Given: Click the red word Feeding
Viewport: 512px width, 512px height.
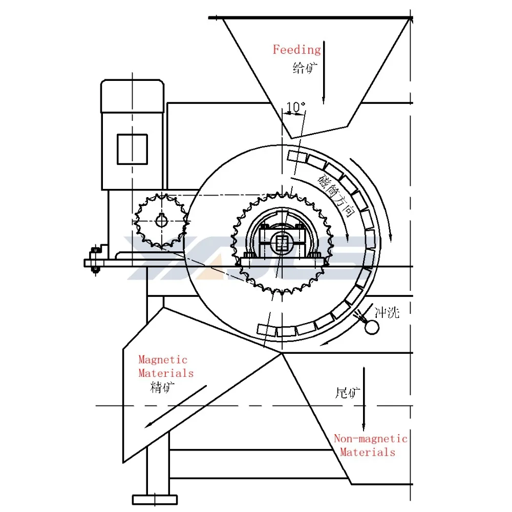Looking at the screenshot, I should (296, 50).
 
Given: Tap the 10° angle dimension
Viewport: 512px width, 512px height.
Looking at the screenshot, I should (295, 107).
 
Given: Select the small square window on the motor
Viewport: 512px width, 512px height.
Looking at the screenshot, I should (132, 148).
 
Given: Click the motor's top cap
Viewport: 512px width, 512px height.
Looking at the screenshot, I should (133, 96).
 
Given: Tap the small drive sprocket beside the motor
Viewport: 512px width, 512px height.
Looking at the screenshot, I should (160, 221).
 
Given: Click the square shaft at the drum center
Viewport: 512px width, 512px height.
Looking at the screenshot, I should (281, 242).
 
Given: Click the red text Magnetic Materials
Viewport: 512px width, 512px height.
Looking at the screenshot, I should (165, 367).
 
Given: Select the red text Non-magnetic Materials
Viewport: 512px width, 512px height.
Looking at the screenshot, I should (370, 445).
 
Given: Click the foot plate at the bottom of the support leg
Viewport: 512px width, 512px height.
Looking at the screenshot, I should (155, 499).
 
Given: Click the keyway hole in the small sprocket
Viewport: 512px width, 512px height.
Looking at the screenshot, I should (161, 221).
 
